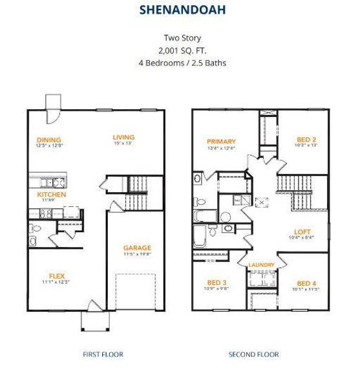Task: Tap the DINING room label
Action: click(49, 140)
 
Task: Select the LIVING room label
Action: click(123, 137)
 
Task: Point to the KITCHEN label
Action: click(51, 194)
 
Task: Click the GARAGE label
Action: click(137, 248)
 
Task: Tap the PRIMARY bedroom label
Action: click(221, 142)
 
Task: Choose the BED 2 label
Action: click(306, 140)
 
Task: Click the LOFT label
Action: click(302, 232)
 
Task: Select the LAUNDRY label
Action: click(262, 265)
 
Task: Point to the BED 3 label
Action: click(217, 283)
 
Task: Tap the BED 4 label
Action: click(306, 283)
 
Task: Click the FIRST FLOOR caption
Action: click(103, 354)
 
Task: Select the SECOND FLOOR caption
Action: click(253, 354)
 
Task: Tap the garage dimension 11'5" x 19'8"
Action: click(137, 254)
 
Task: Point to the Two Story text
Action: click(180, 38)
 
